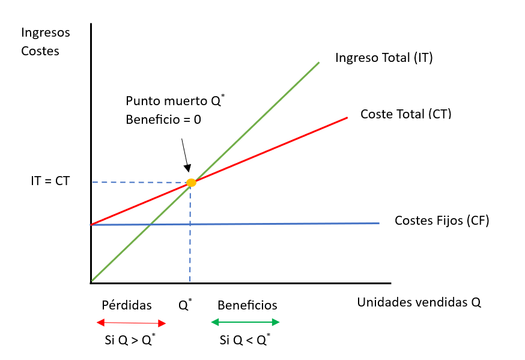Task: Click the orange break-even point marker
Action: [x=191, y=182]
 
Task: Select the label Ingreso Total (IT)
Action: [x=384, y=58]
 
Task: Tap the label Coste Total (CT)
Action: [x=405, y=114]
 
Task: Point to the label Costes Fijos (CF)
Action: [x=442, y=221]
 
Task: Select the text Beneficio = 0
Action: [x=163, y=120]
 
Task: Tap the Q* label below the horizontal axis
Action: [x=185, y=304]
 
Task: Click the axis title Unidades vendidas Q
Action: [x=419, y=302]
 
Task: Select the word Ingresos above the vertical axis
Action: [x=46, y=32]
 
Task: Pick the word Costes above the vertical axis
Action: [x=40, y=51]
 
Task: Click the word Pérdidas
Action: [x=127, y=305]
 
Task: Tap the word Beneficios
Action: [x=247, y=305]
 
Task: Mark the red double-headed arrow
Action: [x=131, y=323]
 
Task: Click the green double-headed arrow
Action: [x=245, y=322]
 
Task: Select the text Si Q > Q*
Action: [x=130, y=341]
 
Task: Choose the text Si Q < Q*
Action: [x=244, y=341]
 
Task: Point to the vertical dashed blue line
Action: [x=190, y=240]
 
